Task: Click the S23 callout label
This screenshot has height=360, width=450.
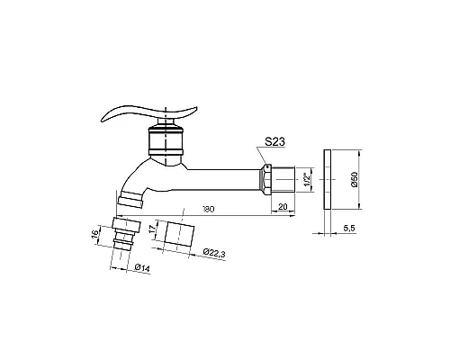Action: click(274, 141)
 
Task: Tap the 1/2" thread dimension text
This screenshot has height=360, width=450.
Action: click(307, 179)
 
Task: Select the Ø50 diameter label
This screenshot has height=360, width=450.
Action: click(355, 180)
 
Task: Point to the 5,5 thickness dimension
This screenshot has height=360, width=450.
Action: click(349, 229)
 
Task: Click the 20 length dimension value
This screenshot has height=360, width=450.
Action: click(283, 207)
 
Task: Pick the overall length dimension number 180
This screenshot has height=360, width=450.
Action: click(209, 209)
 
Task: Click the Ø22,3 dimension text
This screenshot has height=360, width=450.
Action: click(214, 253)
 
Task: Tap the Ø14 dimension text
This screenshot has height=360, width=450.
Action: click(142, 267)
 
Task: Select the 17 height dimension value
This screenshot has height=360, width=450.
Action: click(153, 230)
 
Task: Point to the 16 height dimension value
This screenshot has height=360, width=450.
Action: click(94, 234)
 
